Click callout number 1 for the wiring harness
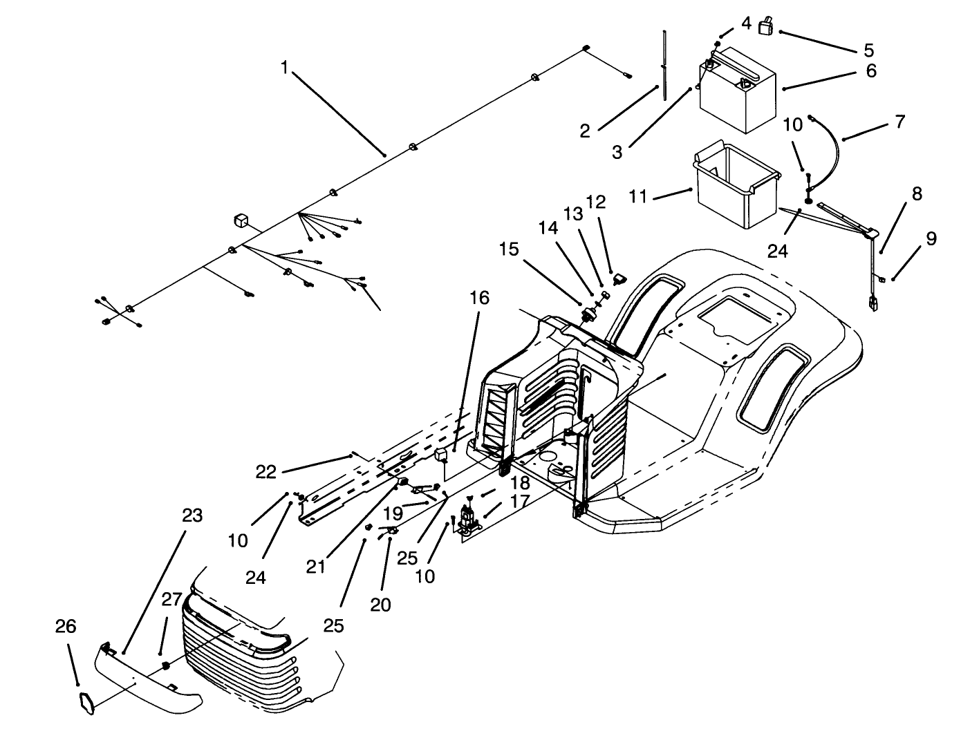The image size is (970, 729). tap(283, 67)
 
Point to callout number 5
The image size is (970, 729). tap(868, 50)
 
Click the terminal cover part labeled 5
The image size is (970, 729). tap(766, 27)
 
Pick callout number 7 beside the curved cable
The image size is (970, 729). tap(899, 122)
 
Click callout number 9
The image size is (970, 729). tap(931, 238)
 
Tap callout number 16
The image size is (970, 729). tap(480, 298)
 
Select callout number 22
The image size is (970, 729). tap(266, 472)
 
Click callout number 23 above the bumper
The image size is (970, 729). tap(192, 515)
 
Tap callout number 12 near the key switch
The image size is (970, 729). tap(595, 202)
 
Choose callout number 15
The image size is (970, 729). tap(508, 249)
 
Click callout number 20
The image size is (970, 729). tap(380, 605)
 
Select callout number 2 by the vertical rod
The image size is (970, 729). tap(585, 131)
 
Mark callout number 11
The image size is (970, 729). tap(637, 197)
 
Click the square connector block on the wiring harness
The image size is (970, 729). tap(240, 220)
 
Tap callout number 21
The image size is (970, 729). tap(317, 567)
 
